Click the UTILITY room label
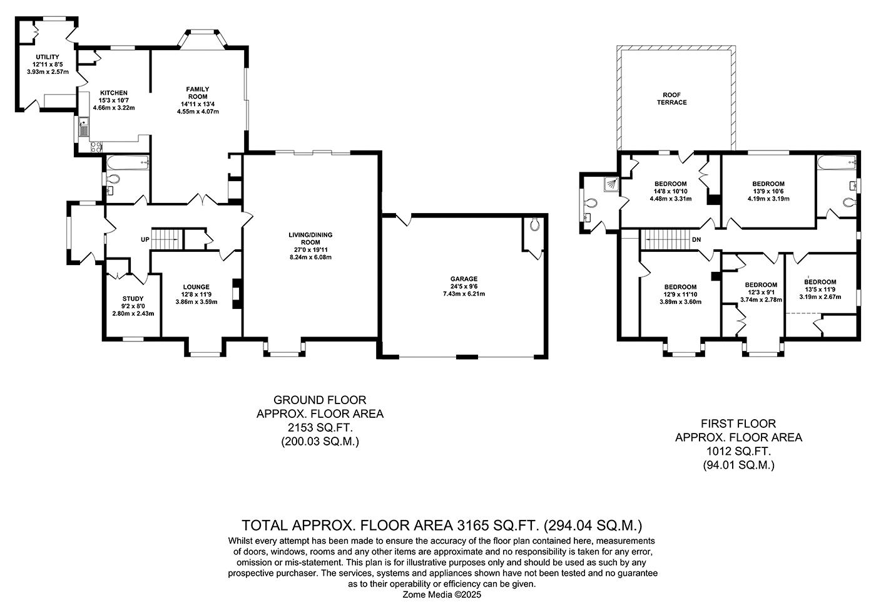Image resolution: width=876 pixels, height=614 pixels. click(x=48, y=57)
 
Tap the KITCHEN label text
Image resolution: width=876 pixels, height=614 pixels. click(x=114, y=93)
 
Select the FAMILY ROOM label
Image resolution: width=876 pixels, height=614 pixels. click(x=198, y=93)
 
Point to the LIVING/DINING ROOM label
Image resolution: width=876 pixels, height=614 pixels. click(x=310, y=239)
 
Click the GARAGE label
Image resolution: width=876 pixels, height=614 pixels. click(x=464, y=279)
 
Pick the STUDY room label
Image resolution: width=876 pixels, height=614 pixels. click(x=133, y=299)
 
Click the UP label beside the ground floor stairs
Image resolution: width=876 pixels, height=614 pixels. click(x=145, y=240)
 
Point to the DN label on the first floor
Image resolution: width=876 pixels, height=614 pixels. click(x=696, y=239)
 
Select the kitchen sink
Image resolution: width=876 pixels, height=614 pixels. click(x=83, y=130)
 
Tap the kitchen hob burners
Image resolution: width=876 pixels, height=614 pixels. click(x=96, y=148)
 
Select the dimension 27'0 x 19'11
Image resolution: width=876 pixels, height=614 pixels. click(x=310, y=249)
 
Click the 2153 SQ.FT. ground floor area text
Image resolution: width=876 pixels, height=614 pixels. click(x=320, y=428)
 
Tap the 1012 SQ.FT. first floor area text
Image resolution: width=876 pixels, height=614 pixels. click(x=738, y=451)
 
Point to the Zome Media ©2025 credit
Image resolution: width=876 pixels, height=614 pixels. click(x=442, y=595)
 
